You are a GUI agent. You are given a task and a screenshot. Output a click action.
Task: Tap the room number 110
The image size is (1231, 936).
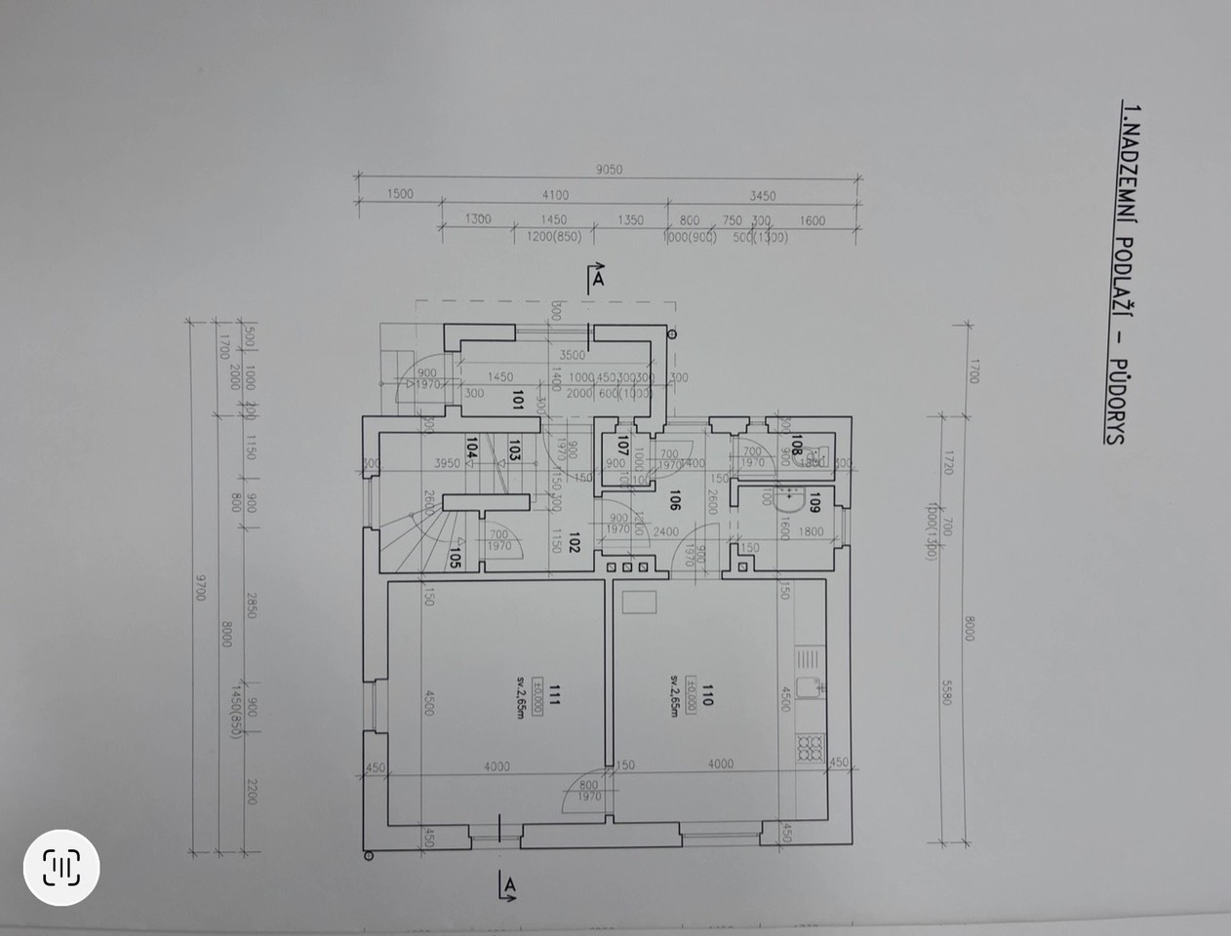708,696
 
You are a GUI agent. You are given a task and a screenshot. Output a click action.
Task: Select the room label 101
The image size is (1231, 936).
518,400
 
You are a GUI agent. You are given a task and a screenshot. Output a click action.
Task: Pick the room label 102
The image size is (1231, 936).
575,542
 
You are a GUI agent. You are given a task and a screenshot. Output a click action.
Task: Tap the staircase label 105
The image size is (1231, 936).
455,557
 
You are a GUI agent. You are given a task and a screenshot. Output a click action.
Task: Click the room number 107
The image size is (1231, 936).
621,448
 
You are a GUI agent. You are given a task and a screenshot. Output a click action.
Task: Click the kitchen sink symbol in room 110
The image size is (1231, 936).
811,688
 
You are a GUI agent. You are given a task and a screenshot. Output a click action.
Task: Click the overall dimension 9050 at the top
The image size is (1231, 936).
609,170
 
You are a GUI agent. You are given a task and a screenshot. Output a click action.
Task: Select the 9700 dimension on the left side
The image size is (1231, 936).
201,587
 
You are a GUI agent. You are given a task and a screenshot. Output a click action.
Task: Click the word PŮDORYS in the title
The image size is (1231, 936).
1113,404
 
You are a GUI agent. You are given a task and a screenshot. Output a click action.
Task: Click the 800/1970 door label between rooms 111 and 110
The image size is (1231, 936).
588,791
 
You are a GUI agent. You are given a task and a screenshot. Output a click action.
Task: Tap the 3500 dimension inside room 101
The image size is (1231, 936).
572,355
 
